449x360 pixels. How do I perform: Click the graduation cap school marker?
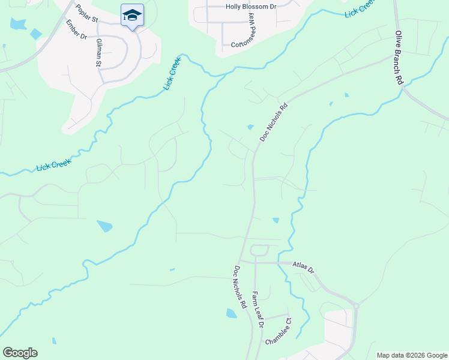click(x=132, y=15)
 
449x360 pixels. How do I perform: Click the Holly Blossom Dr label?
click(x=252, y=7)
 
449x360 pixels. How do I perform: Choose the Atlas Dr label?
click(x=304, y=267)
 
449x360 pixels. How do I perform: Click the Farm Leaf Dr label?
click(x=258, y=310)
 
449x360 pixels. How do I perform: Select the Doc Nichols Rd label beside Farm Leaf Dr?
click(x=240, y=287)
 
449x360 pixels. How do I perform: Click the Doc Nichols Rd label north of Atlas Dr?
click(x=274, y=122)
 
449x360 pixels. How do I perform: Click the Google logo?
click(x=20, y=353)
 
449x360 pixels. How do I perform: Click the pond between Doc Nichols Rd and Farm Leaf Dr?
click(x=231, y=313)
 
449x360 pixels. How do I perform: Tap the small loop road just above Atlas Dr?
click(x=259, y=250)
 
